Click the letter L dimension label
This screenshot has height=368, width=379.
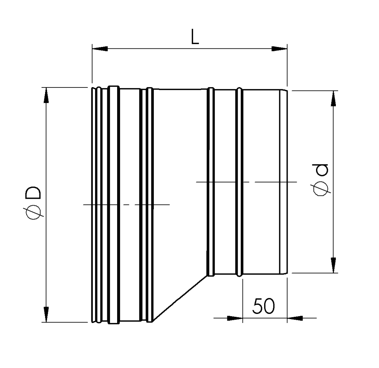point(194,37)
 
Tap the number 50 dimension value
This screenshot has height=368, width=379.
point(263,306)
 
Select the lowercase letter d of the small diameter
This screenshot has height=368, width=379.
point(321,170)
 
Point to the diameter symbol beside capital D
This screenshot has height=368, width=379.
point(34,212)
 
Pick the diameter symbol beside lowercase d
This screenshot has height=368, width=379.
point(321,188)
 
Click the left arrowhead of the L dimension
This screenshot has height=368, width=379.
point(100,49)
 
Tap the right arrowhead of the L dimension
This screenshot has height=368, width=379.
point(279,49)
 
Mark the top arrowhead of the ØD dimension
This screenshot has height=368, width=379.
point(46,95)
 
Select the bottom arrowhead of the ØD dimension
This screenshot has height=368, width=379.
point(46,314)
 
